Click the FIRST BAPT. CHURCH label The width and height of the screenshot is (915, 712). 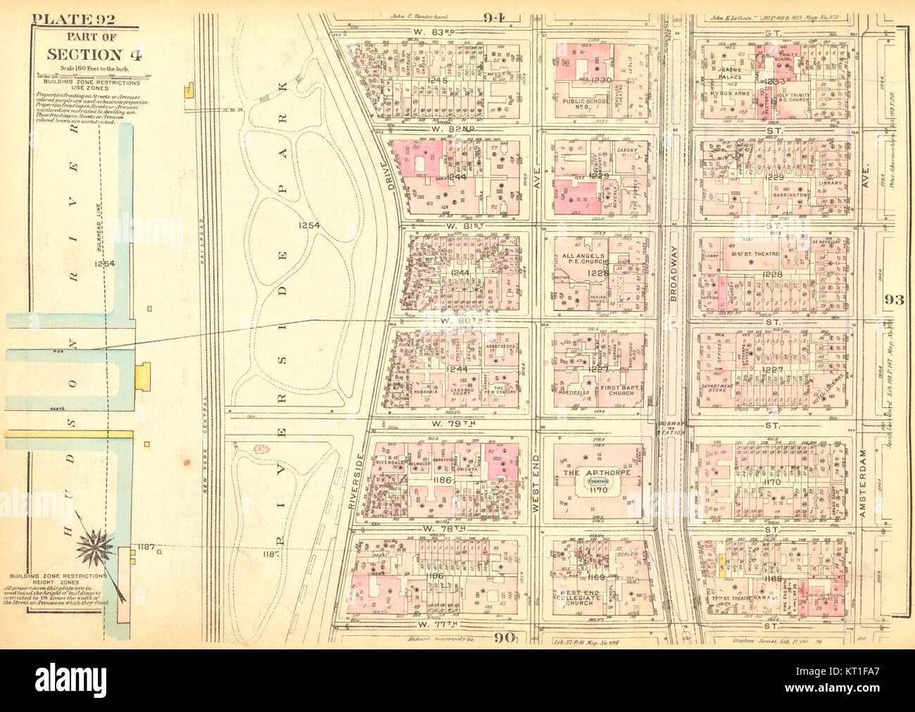tap(617, 389)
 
